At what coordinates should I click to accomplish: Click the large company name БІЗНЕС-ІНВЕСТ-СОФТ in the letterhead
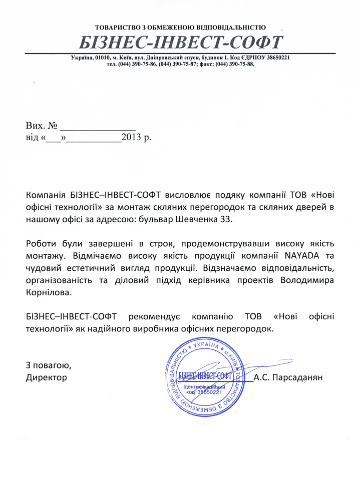tap(180, 42)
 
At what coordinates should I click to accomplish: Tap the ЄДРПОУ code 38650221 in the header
tap(276, 58)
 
